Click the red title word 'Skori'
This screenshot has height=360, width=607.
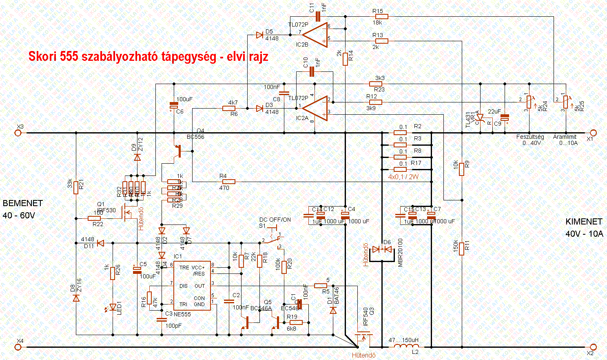point(42,56)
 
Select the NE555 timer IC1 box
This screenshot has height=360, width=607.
point(192,286)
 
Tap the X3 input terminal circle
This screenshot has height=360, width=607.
point(18,133)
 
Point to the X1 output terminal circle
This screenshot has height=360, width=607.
point(593,133)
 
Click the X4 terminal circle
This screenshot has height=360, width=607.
point(18,347)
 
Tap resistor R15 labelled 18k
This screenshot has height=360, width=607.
point(381,16)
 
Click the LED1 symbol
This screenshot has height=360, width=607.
point(113,307)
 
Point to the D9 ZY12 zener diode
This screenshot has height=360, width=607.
point(137,157)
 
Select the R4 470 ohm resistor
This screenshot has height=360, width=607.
point(229,182)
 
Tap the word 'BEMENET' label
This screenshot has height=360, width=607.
point(23,203)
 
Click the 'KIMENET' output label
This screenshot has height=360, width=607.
point(584,222)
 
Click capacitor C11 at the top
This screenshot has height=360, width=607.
point(318,16)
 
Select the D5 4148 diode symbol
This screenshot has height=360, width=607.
point(259,35)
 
